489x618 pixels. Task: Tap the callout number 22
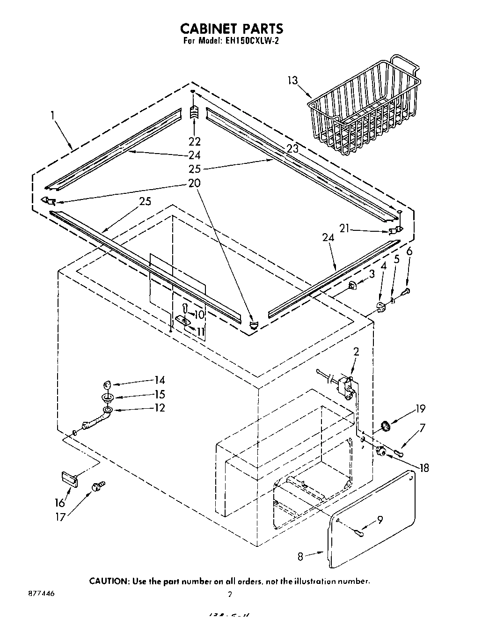click(195, 141)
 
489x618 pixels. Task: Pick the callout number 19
click(420, 409)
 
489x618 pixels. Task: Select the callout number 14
click(159, 381)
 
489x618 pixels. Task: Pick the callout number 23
click(292, 149)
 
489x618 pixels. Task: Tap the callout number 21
click(344, 228)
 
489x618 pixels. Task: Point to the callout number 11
click(201, 332)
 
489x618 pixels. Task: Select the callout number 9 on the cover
click(380, 519)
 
